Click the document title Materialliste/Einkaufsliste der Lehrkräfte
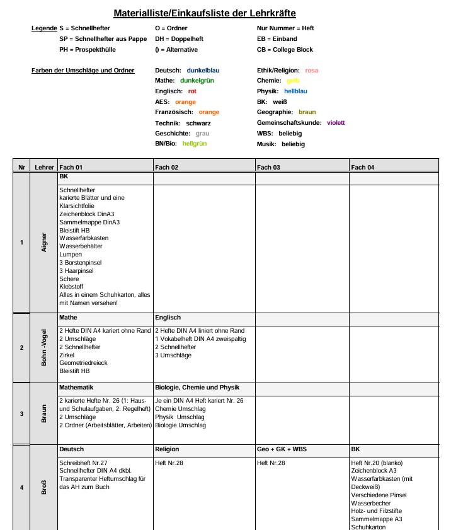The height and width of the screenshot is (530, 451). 205,13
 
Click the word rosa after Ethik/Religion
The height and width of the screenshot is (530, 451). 311,70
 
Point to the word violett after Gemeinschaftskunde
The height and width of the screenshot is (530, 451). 336,122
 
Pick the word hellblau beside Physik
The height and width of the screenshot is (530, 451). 295,91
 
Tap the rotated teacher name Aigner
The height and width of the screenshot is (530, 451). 44,242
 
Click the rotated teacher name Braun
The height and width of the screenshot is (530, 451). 44,413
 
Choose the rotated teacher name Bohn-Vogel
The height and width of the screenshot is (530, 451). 44,348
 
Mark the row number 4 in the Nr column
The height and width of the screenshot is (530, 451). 21,487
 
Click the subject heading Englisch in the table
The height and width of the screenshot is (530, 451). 168,318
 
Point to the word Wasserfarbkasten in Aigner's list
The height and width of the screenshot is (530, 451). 84,238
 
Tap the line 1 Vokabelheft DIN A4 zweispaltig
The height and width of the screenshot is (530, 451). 200,339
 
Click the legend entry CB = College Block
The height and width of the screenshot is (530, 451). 285,49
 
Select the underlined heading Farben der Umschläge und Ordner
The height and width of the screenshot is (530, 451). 83,70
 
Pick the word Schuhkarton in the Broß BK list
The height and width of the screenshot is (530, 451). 368,527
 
